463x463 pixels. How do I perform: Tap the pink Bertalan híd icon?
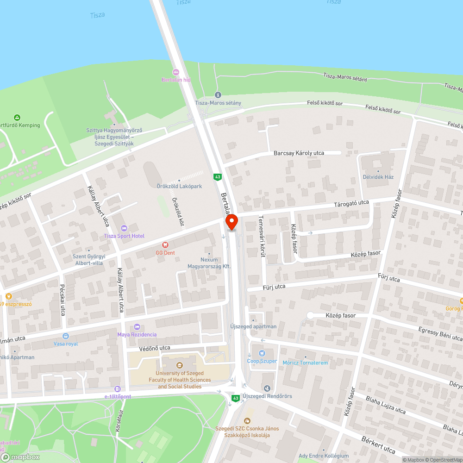pos(175,72)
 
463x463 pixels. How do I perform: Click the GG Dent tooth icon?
pos(164,244)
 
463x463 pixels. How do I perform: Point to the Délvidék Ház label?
pos(378,177)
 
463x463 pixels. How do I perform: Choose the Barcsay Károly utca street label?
pos(299,153)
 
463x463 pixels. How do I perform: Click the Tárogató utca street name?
pos(352,203)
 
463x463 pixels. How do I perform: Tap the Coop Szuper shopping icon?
pos(262,353)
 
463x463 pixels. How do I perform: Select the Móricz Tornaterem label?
pos(305,363)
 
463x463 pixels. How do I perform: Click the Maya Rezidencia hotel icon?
pos(137,327)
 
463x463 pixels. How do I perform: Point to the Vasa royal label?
pos(66,344)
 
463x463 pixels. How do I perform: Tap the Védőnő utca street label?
pos(155,348)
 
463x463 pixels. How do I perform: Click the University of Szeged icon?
pos(180,365)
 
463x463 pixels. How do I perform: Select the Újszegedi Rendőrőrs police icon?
pos(267,388)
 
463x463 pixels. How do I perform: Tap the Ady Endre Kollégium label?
pos(324,456)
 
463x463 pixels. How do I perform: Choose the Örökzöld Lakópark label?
pos(179,186)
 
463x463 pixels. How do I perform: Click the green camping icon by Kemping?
pos(17,118)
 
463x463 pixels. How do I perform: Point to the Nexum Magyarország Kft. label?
pos(209,263)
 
